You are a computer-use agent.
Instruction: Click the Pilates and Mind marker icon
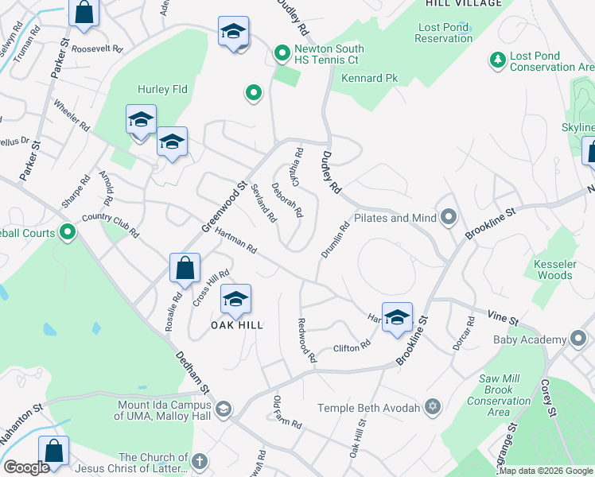[x=449, y=217]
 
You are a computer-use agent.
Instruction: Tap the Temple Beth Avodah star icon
[x=432, y=407]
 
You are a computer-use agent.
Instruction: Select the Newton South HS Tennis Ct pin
[x=281, y=54]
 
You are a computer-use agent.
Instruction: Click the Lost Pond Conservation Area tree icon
[x=498, y=60]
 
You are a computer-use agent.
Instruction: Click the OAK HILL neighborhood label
[x=236, y=325]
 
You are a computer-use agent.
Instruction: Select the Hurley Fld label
[x=162, y=90]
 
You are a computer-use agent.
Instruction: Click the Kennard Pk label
[x=369, y=79]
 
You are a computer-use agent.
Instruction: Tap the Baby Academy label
[x=528, y=340]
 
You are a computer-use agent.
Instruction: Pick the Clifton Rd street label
[x=352, y=347]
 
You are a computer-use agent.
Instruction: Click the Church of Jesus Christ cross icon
[x=199, y=460]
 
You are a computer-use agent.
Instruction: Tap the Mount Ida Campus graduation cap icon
[x=224, y=409]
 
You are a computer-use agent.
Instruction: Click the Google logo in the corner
[x=26, y=467]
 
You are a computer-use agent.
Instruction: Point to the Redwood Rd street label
[x=306, y=340]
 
